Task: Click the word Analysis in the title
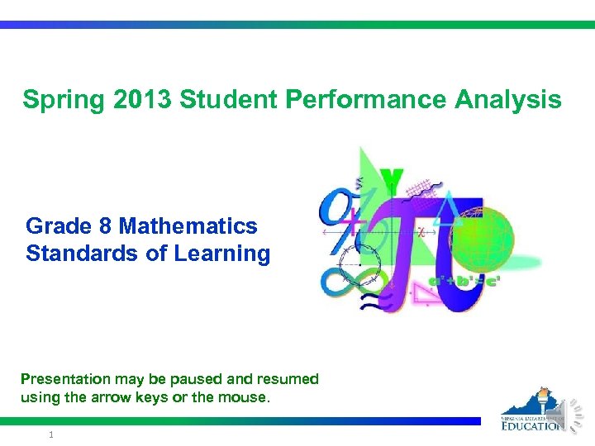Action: click(507, 101)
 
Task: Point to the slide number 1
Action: click(51, 434)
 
